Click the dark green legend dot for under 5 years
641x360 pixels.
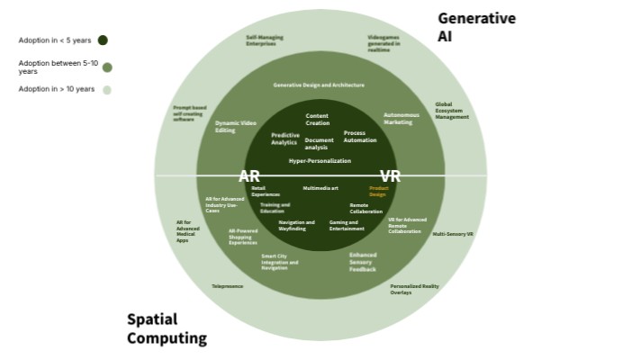click(x=103, y=40)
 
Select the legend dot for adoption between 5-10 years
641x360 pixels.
click(x=107, y=67)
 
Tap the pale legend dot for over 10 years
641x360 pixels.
click(x=107, y=89)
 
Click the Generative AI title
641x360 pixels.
click(x=476, y=27)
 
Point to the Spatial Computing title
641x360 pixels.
click(x=167, y=328)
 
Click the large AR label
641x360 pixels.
click(x=249, y=176)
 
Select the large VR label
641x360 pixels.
click(x=390, y=176)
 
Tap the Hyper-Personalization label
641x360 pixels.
click(x=320, y=160)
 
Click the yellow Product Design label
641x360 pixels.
click(x=377, y=191)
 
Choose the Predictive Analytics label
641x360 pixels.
click(x=284, y=139)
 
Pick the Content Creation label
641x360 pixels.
click(x=317, y=119)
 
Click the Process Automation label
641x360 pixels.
click(x=360, y=137)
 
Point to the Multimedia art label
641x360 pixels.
click(x=320, y=188)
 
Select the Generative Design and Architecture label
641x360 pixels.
click(x=319, y=85)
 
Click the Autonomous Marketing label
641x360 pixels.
click(x=402, y=118)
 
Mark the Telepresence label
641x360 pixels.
click(x=227, y=286)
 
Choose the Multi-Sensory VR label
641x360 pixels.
click(x=453, y=234)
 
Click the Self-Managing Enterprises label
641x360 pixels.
click(x=264, y=40)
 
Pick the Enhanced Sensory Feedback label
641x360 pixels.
click(x=363, y=262)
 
